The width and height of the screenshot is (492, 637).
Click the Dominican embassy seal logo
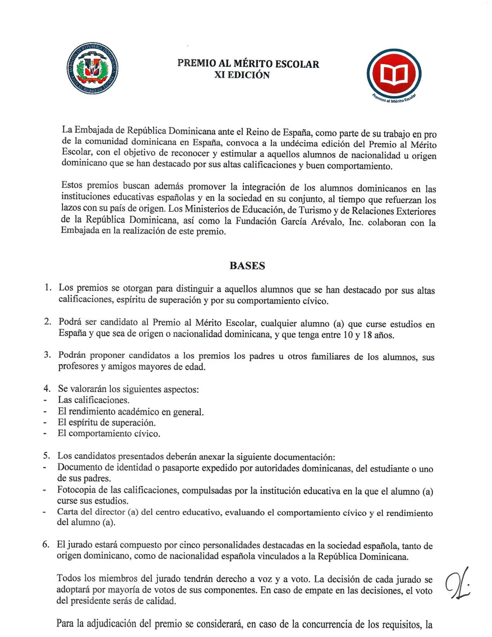92,68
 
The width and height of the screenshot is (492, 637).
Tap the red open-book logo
394,74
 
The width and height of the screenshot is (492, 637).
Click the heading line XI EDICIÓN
242,75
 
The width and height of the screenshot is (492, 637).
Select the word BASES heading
247,266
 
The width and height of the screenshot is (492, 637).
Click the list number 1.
48,287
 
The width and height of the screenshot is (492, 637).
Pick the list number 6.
46,544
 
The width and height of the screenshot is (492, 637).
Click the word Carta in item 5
67,511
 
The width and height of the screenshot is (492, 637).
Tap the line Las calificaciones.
93,400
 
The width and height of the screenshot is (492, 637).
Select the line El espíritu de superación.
106,422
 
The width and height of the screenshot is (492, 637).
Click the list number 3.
47,355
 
